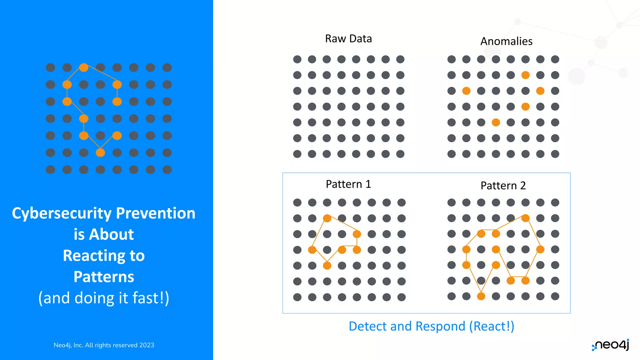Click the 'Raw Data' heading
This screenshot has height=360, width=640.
pos(348,39)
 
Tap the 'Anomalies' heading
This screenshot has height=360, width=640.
pos(506,41)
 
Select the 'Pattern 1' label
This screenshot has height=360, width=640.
pos(348,184)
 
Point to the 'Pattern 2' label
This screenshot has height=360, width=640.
pos(503,186)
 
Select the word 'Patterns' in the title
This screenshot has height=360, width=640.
pos(104,277)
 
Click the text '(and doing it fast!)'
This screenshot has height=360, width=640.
pos(104,298)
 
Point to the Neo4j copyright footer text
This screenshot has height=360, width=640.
pos(104,345)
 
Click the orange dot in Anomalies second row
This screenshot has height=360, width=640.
pos(525,75)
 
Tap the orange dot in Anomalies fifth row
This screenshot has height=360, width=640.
pos(496,122)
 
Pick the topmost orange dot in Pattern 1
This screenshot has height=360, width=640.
pos(327,218)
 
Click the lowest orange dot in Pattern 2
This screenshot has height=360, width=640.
pos(481,296)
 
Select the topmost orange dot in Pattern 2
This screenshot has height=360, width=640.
pos(525,218)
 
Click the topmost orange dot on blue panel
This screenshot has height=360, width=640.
pos(84,67)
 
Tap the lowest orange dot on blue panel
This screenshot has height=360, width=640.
pos(100,152)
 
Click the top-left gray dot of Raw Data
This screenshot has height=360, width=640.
pos(297,59)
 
